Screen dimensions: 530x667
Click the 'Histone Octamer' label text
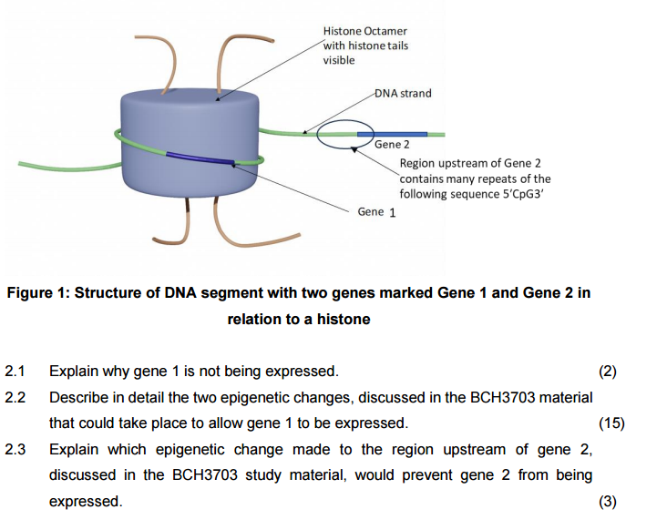364,31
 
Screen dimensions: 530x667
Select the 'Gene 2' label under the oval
392,144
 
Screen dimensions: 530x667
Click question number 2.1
15,371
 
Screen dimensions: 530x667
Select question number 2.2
15,397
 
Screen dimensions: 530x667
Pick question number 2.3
15,449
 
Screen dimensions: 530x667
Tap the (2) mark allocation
607,371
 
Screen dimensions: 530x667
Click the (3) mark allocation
607,501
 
